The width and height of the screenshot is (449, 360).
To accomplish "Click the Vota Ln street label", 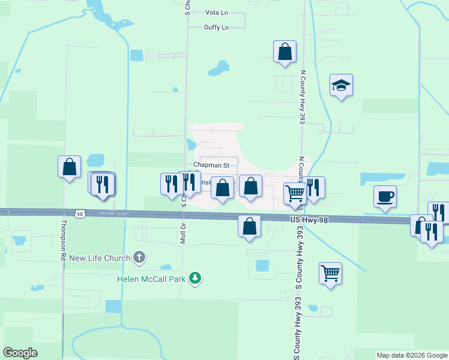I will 217,12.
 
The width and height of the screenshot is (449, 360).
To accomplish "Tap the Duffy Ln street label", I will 216,28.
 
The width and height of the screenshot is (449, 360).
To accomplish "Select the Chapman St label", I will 211,165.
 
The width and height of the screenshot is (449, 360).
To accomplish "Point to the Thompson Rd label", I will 62,239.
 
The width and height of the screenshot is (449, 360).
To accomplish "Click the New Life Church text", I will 100,259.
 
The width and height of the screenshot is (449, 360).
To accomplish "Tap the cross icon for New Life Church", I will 139,258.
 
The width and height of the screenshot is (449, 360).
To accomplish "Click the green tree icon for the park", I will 194,278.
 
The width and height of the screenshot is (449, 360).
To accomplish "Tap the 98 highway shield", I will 79,213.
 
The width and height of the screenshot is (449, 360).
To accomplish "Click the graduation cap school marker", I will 341,86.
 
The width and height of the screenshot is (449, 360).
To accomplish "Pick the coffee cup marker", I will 384,196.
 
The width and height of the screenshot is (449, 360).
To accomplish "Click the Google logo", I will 20,352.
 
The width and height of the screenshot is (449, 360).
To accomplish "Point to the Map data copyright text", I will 411,355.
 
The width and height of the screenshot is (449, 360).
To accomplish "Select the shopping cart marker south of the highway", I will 330,274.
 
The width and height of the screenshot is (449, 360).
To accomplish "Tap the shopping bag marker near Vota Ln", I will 285,52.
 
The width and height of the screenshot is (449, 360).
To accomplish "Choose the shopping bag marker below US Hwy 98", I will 249,226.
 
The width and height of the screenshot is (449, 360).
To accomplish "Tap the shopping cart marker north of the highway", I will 295,194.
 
